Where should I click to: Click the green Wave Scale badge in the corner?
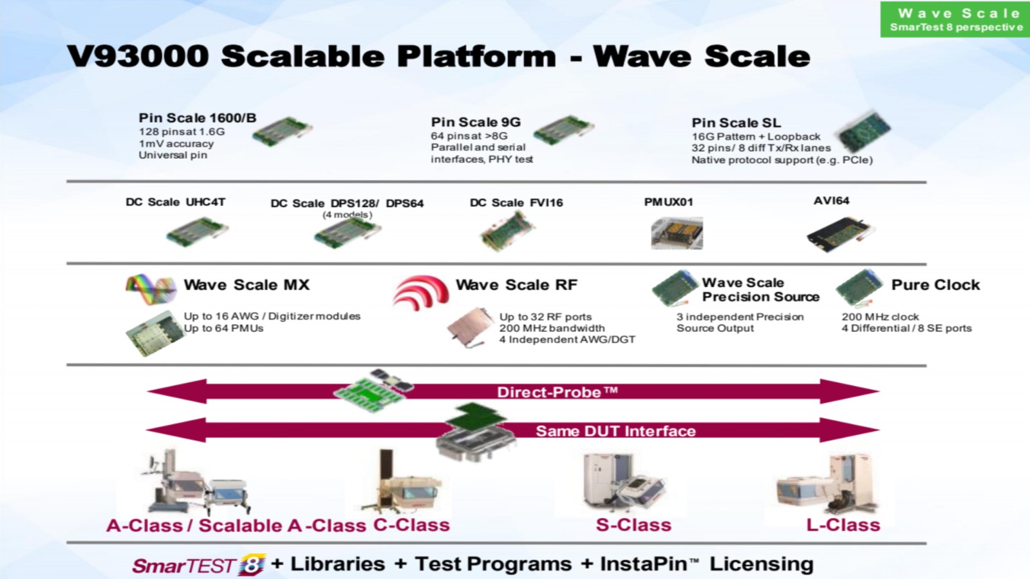click(x=955, y=19)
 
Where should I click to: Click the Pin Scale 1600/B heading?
click(x=198, y=118)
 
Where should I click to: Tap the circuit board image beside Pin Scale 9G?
click(x=563, y=130)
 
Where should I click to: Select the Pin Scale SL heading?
click(x=736, y=123)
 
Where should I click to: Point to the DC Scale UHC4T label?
click(x=176, y=202)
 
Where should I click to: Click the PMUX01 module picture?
click(x=677, y=233)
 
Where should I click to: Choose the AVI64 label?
click(x=831, y=201)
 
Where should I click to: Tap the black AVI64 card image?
click(x=841, y=234)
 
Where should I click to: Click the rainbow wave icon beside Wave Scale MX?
click(x=151, y=289)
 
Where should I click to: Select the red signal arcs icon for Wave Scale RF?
click(x=421, y=292)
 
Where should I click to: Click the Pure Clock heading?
click(x=936, y=285)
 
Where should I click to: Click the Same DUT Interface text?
click(x=615, y=431)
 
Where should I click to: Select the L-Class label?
click(x=843, y=525)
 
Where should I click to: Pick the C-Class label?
click(x=411, y=525)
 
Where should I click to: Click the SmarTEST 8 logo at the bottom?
click(x=199, y=565)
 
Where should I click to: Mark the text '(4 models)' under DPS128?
click(x=347, y=215)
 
